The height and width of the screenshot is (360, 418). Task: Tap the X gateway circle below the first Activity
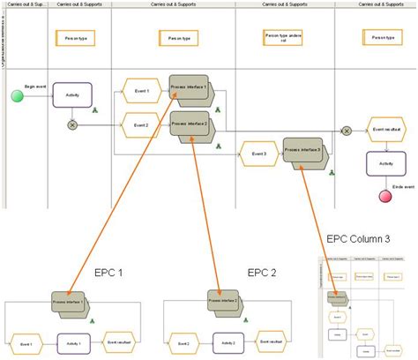point(72,124)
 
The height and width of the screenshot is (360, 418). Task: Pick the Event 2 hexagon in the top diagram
point(140,125)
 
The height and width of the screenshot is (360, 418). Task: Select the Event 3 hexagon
point(258,155)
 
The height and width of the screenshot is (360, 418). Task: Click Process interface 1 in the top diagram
point(190,89)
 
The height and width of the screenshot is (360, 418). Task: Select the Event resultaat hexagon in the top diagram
point(385,129)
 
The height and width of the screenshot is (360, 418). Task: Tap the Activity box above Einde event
point(385,163)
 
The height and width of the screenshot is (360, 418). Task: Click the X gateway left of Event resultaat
point(347,131)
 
